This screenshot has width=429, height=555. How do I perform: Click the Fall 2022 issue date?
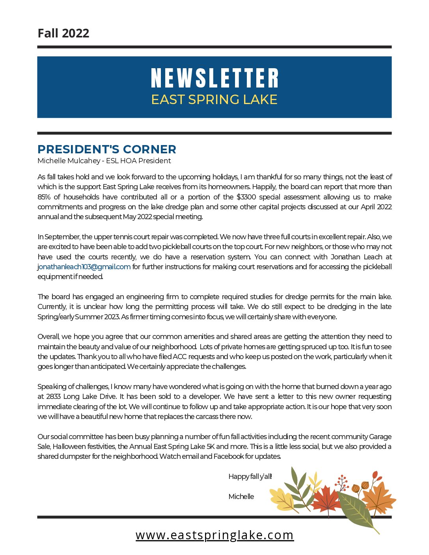pyautogui.click(x=63, y=33)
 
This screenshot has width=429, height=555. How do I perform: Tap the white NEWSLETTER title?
pyautogui.click(x=214, y=78)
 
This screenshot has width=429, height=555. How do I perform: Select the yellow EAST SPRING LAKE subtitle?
pyautogui.click(x=214, y=99)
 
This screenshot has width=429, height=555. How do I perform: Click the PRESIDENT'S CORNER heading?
pyautogui.click(x=107, y=149)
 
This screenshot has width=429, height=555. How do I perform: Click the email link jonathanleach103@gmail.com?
pyautogui.click(x=84, y=267)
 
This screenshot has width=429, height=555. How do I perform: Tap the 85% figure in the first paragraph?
pyautogui.click(x=44, y=197)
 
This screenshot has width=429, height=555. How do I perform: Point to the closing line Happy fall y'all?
pyautogui.click(x=250, y=477)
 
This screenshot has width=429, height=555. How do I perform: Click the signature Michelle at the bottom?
pyautogui.click(x=241, y=497)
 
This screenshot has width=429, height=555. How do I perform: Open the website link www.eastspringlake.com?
pyautogui.click(x=214, y=535)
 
